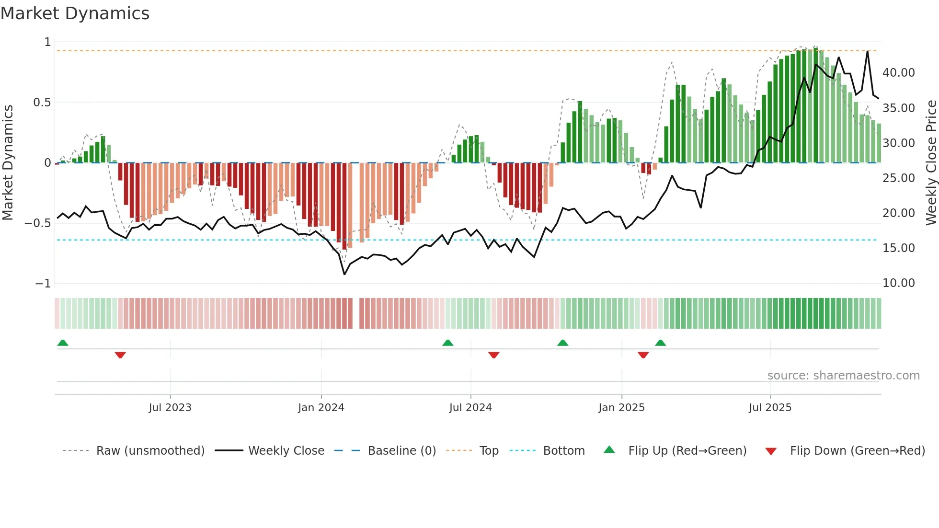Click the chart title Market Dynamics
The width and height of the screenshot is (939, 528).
[x=75, y=13]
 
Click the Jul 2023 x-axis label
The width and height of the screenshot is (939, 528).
[x=170, y=408]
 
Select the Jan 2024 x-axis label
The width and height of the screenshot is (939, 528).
[x=321, y=408]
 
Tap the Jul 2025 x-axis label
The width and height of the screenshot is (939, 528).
[x=770, y=408]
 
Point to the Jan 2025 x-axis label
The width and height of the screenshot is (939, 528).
[x=621, y=408]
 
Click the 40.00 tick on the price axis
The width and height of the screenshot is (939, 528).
[x=899, y=73]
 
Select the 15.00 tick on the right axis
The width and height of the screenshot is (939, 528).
[x=899, y=248]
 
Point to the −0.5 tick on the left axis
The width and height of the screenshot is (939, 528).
[x=37, y=223]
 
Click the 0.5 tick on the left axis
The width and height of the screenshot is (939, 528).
[x=42, y=103]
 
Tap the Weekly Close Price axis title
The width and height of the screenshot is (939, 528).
[x=931, y=162]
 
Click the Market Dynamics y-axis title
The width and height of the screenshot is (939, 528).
[x=8, y=162]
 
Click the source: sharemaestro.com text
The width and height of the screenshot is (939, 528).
[x=843, y=376]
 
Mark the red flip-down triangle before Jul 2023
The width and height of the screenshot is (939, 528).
[x=120, y=355]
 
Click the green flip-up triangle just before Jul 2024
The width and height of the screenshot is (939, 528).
[x=447, y=343]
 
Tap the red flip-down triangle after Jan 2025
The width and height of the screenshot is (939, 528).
[x=643, y=355]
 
